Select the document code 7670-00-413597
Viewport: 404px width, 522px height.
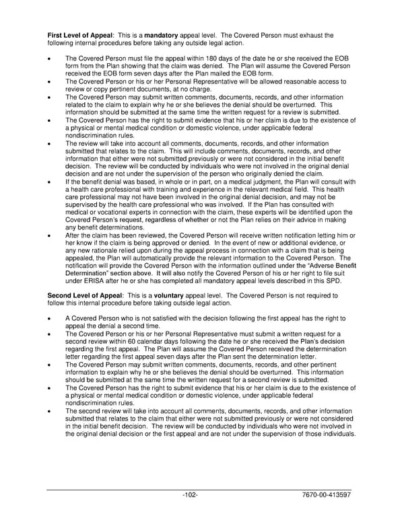coord(327,495)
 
